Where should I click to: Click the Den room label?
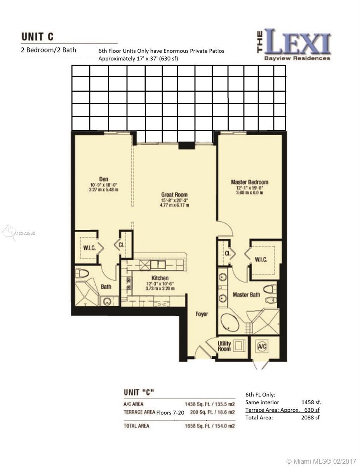(104, 179)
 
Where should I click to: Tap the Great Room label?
(174, 195)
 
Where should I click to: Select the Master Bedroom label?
(250, 182)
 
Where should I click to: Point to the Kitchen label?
(160, 278)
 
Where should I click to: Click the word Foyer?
(202, 314)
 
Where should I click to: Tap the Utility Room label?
(224, 346)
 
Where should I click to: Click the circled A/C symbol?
(262, 346)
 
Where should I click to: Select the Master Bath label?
(246, 295)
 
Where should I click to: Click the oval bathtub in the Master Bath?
(230, 323)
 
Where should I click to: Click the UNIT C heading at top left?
(37, 37)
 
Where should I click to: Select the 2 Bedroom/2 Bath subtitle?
(49, 50)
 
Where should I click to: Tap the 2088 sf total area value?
(310, 417)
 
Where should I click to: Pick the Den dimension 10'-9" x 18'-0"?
(104, 185)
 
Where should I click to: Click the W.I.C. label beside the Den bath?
(89, 248)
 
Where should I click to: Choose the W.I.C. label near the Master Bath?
(261, 260)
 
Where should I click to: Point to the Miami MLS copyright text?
(322, 460)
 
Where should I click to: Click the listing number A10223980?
(24, 233)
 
